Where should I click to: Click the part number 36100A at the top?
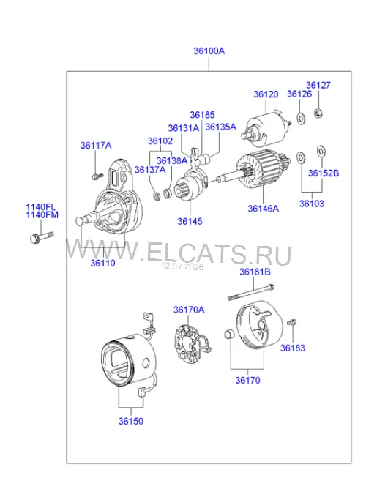[209, 51]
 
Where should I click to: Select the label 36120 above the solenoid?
[266, 94]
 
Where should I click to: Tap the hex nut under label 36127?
[317, 113]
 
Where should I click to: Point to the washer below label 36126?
[300, 118]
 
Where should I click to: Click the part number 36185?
[203, 115]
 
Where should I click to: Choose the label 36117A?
[96, 146]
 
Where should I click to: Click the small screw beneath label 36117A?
[97, 176]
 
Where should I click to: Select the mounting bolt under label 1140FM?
[42, 237]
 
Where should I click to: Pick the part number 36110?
[102, 263]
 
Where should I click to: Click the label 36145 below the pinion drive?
[190, 221]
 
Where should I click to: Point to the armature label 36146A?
[264, 209]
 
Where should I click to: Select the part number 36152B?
[324, 173]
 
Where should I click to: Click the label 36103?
[312, 204]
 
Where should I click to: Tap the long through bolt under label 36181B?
[251, 292]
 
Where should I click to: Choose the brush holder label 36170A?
[189, 310]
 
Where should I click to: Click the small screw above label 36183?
[291, 323]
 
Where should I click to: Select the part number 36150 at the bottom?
[131, 421]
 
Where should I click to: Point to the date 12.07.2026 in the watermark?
[182, 266]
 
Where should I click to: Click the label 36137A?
[150, 170]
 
